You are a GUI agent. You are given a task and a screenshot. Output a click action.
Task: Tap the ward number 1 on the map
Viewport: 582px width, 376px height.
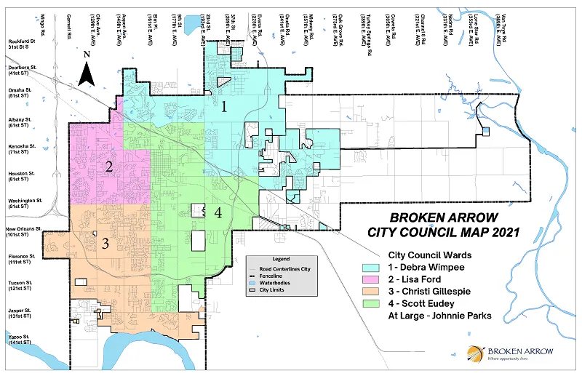(225, 107)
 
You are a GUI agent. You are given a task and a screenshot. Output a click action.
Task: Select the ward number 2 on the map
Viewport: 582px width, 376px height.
(108, 166)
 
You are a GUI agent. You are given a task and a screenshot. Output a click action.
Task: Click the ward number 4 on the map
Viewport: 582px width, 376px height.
(218, 212)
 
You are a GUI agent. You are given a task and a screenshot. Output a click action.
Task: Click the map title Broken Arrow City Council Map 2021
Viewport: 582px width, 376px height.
(444, 225)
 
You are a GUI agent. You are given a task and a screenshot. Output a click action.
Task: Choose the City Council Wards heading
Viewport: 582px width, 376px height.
(430, 255)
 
